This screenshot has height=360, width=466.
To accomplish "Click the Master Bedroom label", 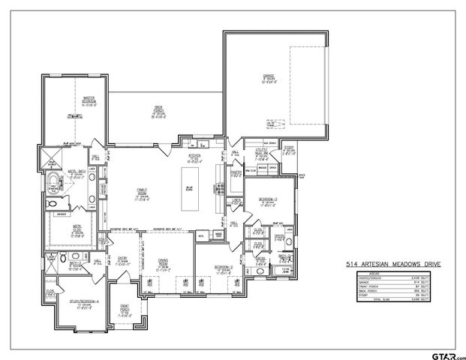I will pos(71,100).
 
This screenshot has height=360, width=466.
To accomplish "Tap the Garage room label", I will pos(267,78).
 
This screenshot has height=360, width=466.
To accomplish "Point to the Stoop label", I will pos(289,150).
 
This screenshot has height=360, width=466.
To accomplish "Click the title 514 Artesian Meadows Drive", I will pos(393,265).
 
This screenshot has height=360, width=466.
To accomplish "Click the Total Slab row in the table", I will pos(393,298).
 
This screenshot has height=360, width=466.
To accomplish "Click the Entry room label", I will pos(119,259).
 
